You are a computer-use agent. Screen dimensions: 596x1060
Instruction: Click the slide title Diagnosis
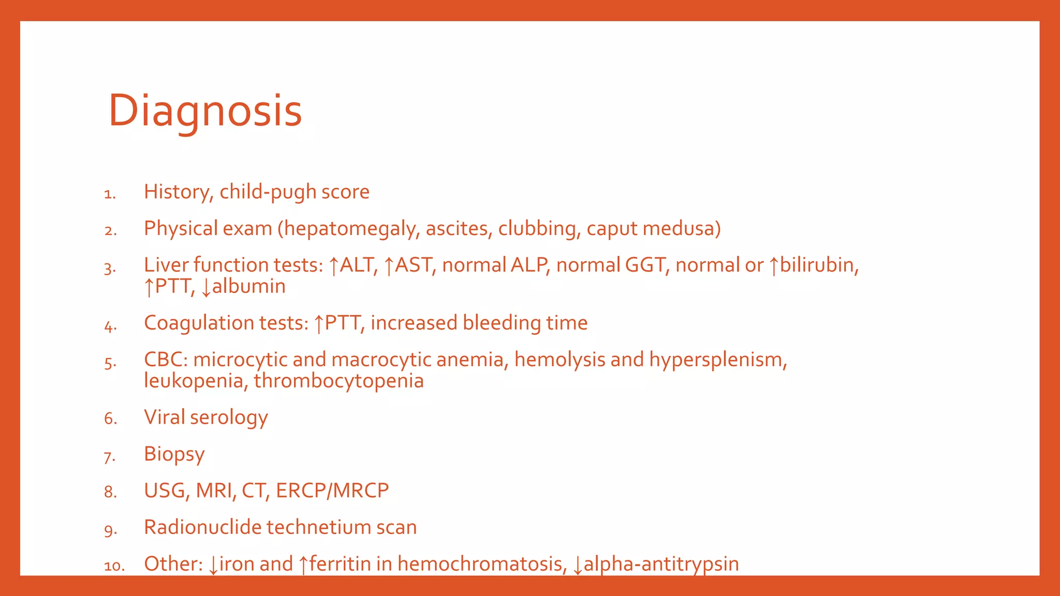pyautogui.click(x=205, y=111)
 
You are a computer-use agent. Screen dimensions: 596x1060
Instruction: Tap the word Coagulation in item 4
pyautogui.click(x=199, y=323)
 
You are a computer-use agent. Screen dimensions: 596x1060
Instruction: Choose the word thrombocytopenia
pyautogui.click(x=338, y=381)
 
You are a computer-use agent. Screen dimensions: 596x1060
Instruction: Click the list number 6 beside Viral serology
pyautogui.click(x=110, y=419)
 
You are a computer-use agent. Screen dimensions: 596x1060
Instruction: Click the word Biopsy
pyautogui.click(x=174, y=454)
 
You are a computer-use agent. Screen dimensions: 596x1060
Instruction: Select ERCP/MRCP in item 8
pyautogui.click(x=332, y=490)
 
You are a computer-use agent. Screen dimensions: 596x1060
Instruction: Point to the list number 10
pyautogui.click(x=114, y=566)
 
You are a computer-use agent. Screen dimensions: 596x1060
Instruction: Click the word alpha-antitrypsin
pyautogui.click(x=661, y=564)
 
